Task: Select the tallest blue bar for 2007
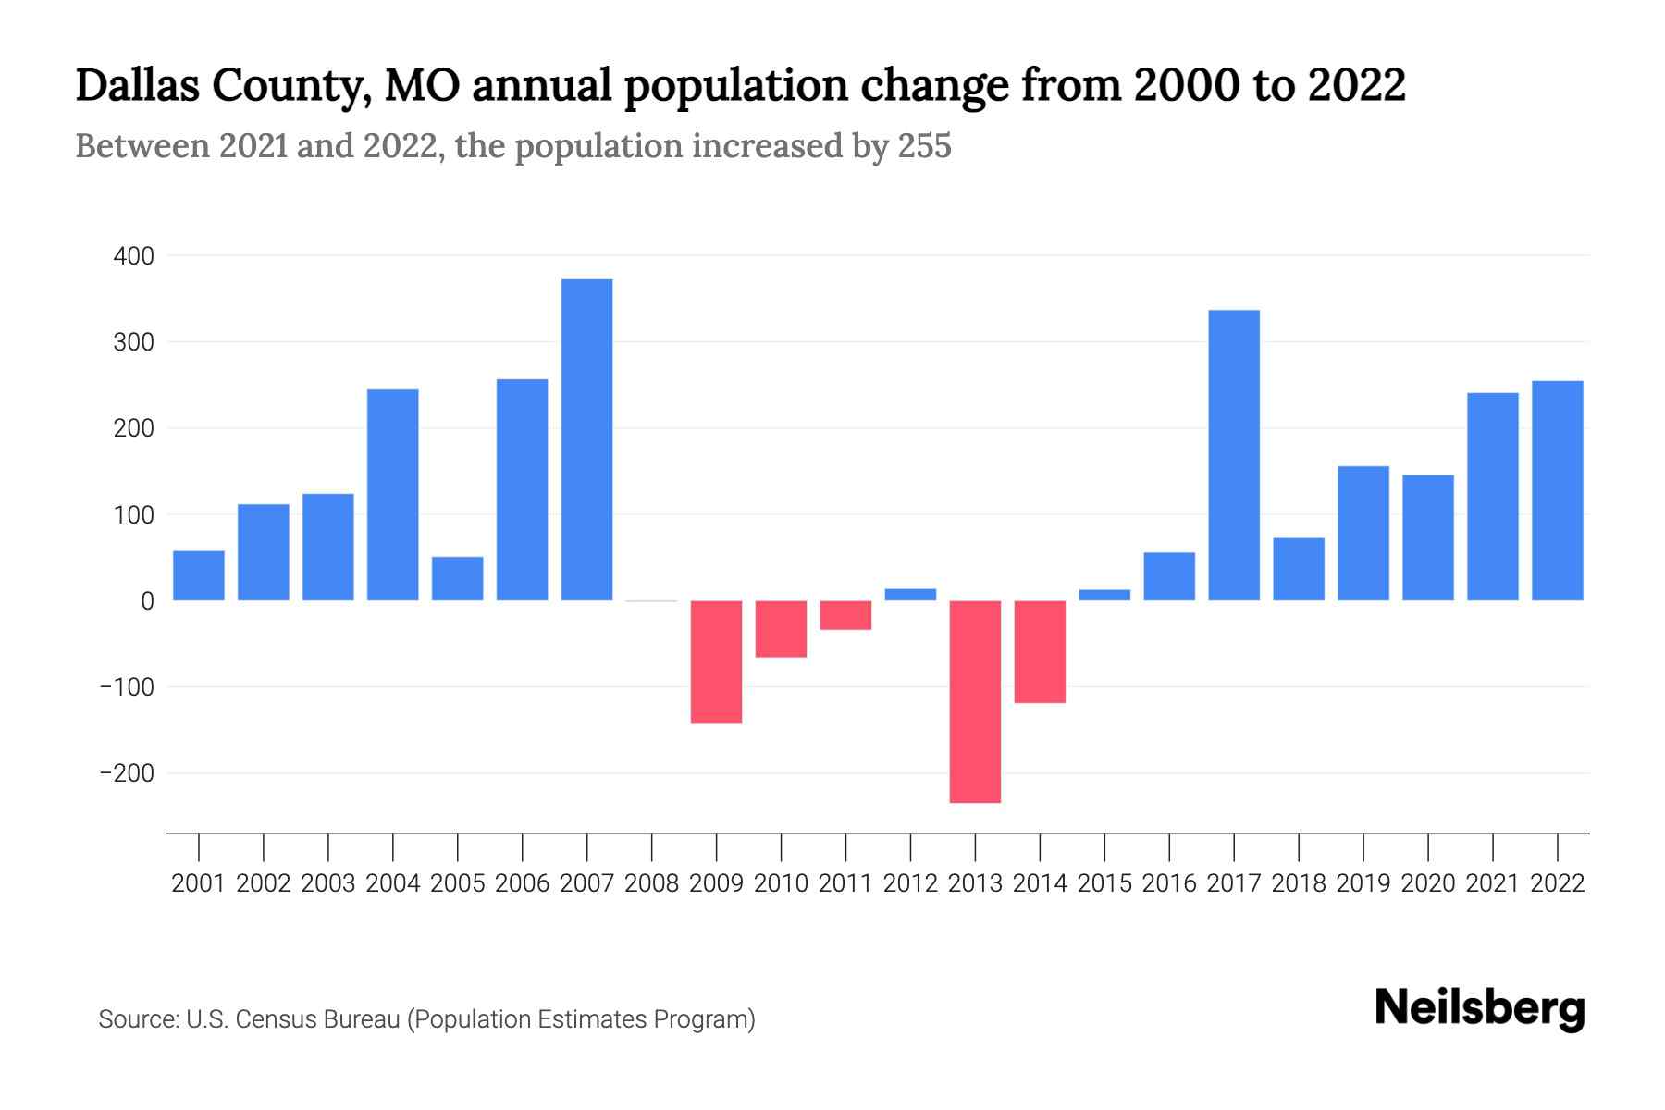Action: click(x=586, y=439)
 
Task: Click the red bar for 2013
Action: click(x=975, y=701)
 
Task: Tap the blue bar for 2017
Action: click(x=1234, y=455)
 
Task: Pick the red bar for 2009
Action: click(x=716, y=661)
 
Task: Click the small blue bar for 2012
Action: click(x=910, y=595)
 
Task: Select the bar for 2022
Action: click(x=1558, y=490)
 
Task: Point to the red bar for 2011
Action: click(x=845, y=615)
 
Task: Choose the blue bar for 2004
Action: click(x=392, y=495)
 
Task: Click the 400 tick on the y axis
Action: click(x=133, y=256)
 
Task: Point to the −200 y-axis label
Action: click(x=127, y=773)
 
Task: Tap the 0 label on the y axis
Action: click(x=147, y=601)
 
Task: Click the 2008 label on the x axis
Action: click(x=651, y=883)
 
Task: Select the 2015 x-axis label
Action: click(x=1104, y=883)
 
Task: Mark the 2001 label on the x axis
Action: click(x=199, y=883)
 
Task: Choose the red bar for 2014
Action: click(x=1040, y=651)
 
